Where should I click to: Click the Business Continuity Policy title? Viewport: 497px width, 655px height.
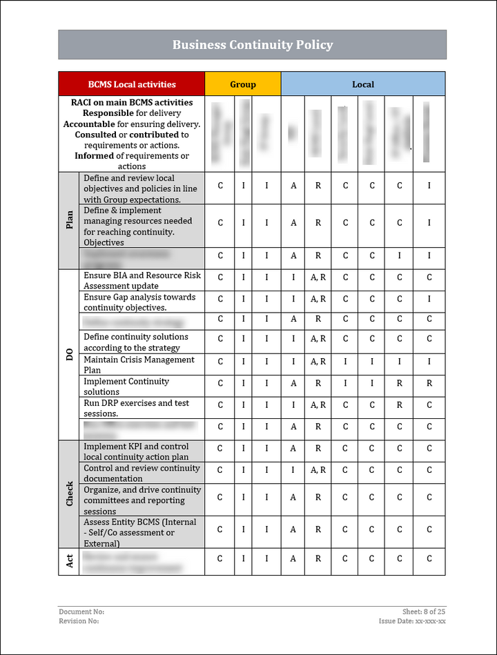[x=252, y=45]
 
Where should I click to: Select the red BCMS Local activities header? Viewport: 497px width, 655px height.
[x=132, y=84]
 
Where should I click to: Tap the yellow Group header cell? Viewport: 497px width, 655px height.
[x=242, y=84]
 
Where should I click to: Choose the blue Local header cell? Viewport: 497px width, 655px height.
[x=362, y=84]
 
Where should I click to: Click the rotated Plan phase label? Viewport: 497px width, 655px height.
[x=69, y=220]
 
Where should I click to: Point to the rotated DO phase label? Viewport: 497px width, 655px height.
[x=69, y=354]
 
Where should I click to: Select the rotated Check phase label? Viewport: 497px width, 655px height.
[x=69, y=494]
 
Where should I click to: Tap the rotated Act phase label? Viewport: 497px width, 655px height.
[x=69, y=561]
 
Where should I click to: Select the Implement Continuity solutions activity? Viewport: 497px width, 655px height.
[x=126, y=387]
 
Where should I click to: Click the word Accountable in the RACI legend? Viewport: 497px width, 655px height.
[x=88, y=124]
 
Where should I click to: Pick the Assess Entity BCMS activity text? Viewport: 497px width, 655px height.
[x=140, y=533]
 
